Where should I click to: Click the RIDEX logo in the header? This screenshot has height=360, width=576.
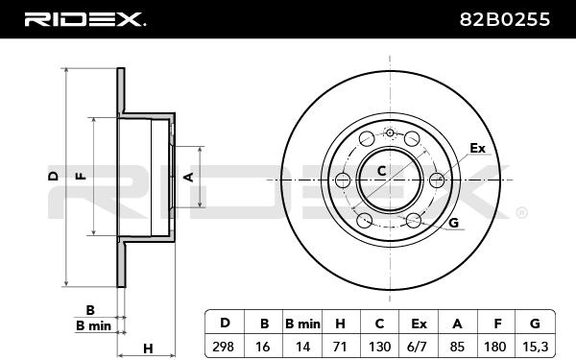tap(84, 19)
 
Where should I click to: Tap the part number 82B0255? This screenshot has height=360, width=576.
tap(505, 19)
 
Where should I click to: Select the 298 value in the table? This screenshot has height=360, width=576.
tap(223, 347)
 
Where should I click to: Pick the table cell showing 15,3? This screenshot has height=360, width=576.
tap(535, 347)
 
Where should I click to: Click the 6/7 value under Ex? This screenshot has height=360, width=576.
tap(419, 347)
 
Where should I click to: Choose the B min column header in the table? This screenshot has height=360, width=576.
tap(302, 324)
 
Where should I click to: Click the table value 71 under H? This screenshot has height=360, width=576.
tap(340, 347)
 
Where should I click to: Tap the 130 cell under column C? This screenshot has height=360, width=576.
tap(379, 347)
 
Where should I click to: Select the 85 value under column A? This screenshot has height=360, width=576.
tap(457, 347)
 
